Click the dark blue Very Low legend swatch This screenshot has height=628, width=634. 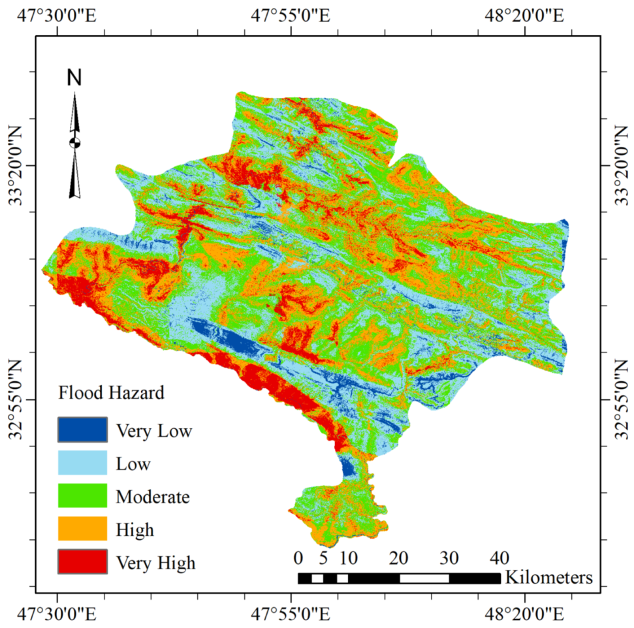pyautogui.click(x=82, y=430)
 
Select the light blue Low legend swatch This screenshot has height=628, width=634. pyautogui.click(x=82, y=463)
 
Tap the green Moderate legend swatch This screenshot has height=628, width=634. pyautogui.click(x=82, y=495)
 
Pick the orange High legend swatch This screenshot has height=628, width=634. pyautogui.click(x=82, y=528)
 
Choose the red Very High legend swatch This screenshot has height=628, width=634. pyautogui.click(x=82, y=561)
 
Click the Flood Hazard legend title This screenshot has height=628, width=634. pyautogui.click(x=110, y=393)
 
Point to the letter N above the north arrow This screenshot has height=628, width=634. pyautogui.click(x=74, y=78)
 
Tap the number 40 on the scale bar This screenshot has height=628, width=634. pyautogui.click(x=499, y=558)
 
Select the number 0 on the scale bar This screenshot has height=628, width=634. pyautogui.click(x=298, y=558)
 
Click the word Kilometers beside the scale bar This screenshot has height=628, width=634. pyautogui.click(x=549, y=577)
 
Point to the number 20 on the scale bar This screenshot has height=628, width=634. pyautogui.click(x=399, y=558)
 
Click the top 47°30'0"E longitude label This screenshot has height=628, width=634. pyautogui.click(x=57, y=15)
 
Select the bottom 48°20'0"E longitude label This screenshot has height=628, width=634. pyautogui.click(x=524, y=614)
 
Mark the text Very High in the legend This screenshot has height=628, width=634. pyautogui.click(x=155, y=562)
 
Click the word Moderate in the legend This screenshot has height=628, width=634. pyautogui.click(x=153, y=497)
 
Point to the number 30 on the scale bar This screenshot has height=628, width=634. pyautogui.click(x=449, y=558)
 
